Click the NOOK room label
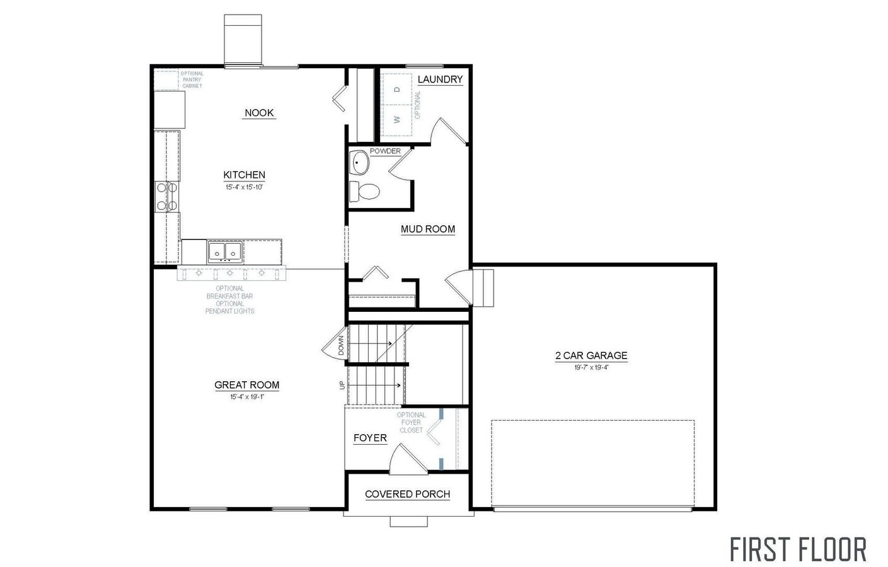(259, 113)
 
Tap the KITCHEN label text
(244, 175)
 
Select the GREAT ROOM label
(246, 385)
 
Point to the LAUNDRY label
(440, 79)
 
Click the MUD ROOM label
(428, 229)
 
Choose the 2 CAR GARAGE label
(591, 356)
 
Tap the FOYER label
(370, 438)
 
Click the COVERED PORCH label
(407, 494)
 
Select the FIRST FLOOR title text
(798, 549)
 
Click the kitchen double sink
(225, 253)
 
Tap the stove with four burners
(167, 196)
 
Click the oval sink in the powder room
(360, 163)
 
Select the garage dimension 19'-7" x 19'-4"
(591, 367)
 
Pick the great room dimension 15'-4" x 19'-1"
(246, 397)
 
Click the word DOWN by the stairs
(341, 345)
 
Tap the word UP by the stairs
(342, 384)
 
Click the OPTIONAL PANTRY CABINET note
(192, 79)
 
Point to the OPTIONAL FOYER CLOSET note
(411, 422)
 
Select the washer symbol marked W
(397, 118)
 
